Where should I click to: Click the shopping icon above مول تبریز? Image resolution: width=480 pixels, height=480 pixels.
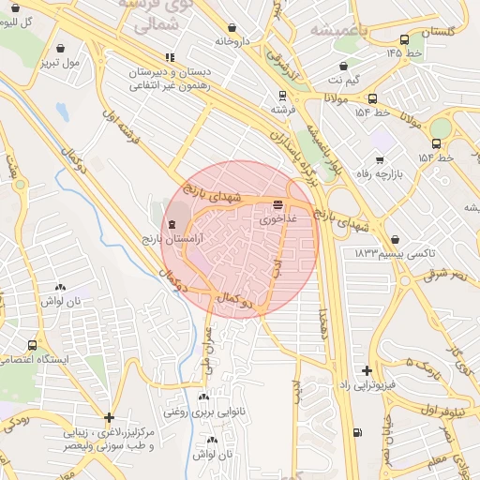pyautogui.click(x=61, y=47)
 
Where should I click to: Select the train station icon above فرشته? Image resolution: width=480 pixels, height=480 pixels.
pyautogui.click(x=282, y=95)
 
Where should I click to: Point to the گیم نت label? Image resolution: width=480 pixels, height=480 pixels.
pyautogui.click(x=340, y=82)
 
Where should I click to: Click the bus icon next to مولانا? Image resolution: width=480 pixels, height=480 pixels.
pyautogui.click(x=372, y=98)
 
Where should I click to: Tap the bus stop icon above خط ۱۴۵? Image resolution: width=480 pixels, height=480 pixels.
pyautogui.click(x=404, y=39)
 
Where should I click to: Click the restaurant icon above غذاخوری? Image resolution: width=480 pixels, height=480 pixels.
pyautogui.click(x=277, y=203)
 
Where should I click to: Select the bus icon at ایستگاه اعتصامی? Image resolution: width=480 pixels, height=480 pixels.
pyautogui.click(x=33, y=345)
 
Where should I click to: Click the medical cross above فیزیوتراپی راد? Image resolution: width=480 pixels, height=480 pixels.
pyautogui.click(x=367, y=370)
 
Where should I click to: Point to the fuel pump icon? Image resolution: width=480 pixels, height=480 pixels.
pyautogui.click(x=357, y=432)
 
